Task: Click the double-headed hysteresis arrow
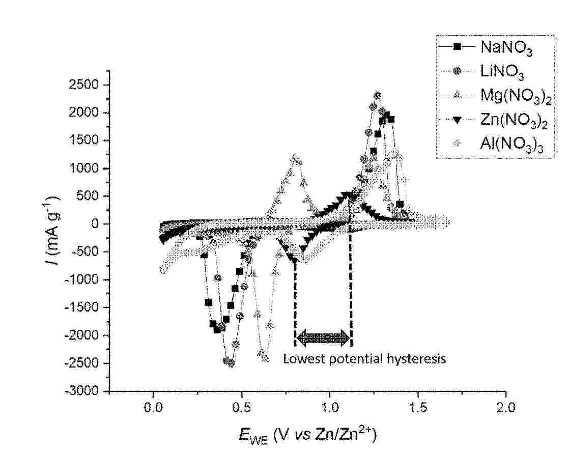(324, 337)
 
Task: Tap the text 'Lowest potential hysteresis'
(364, 359)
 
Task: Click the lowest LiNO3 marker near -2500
(231, 363)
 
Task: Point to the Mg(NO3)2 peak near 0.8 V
(296, 158)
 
